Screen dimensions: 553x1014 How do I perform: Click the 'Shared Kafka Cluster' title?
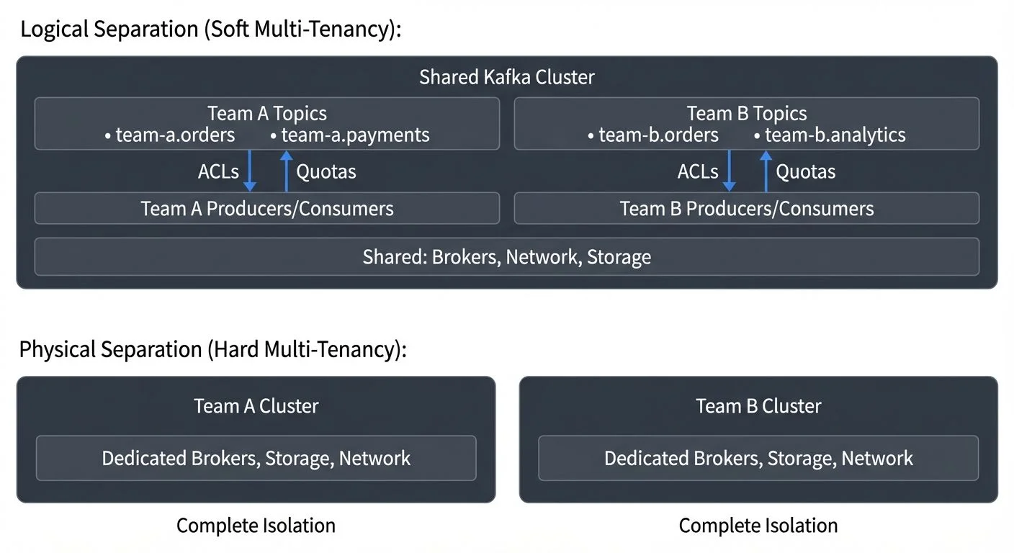point(506,77)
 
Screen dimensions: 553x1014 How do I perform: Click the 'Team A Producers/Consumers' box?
point(266,209)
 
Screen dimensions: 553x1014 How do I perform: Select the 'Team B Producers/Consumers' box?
point(746,209)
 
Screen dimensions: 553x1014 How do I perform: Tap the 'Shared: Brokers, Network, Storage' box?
point(506,257)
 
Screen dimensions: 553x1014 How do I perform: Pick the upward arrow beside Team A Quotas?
point(286,171)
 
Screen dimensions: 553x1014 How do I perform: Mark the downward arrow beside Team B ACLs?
point(730,171)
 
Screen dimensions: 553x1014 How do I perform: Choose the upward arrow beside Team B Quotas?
point(766,171)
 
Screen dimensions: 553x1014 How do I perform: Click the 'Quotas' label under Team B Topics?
point(805,172)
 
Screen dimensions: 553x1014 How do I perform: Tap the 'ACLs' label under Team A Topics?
point(218,172)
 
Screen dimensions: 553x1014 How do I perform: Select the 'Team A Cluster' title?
point(256,406)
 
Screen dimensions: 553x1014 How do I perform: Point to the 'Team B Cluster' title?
point(758,406)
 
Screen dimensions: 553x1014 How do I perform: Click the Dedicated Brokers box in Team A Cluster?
point(256,458)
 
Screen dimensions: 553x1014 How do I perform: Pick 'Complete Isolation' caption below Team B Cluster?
point(758,526)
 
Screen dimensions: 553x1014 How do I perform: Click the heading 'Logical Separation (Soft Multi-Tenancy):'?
point(210,30)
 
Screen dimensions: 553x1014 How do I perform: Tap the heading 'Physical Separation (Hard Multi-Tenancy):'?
point(213,350)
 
